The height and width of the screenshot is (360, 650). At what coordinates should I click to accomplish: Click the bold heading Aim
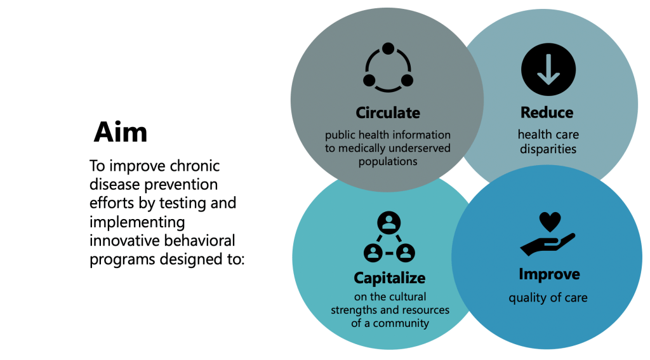click(x=121, y=132)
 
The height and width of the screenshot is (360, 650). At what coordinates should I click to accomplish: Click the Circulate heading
click(x=388, y=113)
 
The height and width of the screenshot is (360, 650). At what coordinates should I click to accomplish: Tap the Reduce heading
click(x=547, y=113)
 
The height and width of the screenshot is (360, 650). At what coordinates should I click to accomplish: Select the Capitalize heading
click(x=389, y=278)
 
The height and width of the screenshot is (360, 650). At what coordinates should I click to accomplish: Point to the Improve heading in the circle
click(x=549, y=274)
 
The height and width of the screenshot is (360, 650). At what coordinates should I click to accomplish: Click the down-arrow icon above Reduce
click(x=548, y=70)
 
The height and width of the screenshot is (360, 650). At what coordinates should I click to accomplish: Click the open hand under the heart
click(x=547, y=243)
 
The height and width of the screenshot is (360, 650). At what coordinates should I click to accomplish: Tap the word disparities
click(x=548, y=150)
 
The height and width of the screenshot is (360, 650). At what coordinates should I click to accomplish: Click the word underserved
click(x=420, y=149)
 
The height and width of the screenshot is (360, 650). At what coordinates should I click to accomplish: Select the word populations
click(x=387, y=161)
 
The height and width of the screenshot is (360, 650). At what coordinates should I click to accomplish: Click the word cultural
click(x=408, y=297)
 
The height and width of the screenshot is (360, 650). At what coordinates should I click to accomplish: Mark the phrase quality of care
click(x=548, y=298)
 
